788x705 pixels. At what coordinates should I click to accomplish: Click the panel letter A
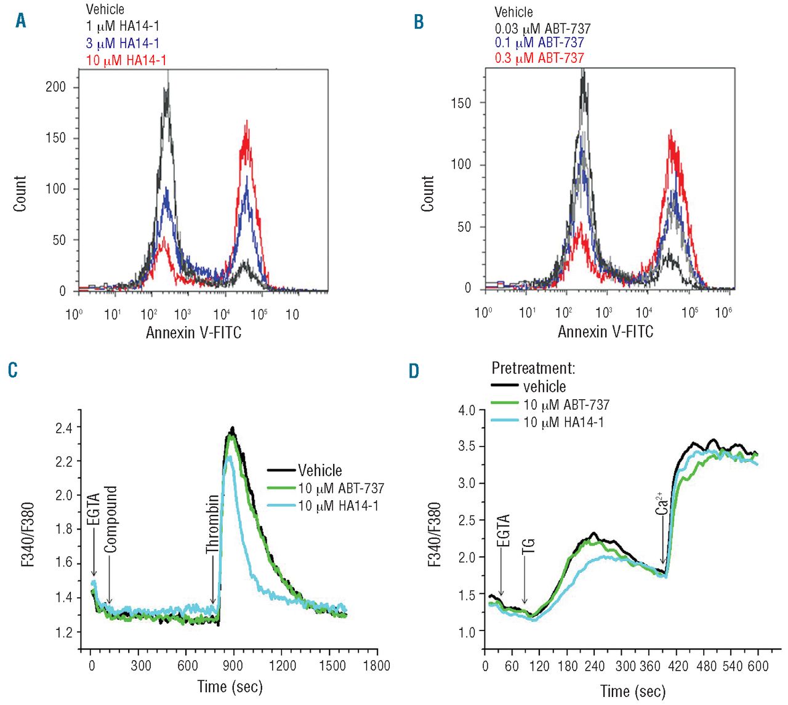pyautogui.click(x=21, y=21)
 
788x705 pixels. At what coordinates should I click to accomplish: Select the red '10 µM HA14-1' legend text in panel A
pyautogui.click(x=126, y=60)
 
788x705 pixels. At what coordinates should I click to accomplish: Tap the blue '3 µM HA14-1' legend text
pyautogui.click(x=122, y=43)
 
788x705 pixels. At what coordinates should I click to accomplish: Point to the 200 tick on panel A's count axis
pyautogui.click(x=55, y=87)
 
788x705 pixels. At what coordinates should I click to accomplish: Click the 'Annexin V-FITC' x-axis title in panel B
pyautogui.click(x=605, y=332)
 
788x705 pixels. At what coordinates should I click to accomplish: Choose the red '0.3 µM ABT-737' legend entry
pyautogui.click(x=539, y=58)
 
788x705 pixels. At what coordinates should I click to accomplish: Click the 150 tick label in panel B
pyautogui.click(x=460, y=103)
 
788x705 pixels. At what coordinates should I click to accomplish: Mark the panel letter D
pyautogui.click(x=414, y=371)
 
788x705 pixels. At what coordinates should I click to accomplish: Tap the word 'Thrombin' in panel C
pyautogui.click(x=212, y=524)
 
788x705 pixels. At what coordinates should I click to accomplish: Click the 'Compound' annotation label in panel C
pyautogui.click(x=110, y=519)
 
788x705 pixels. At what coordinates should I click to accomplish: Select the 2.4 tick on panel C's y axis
pyautogui.click(x=64, y=428)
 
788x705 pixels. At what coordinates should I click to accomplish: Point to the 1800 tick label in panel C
pyautogui.click(x=376, y=666)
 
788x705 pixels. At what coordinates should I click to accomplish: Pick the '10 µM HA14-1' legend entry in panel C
pyautogui.click(x=338, y=506)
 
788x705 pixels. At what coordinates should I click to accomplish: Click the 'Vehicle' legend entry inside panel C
pyautogui.click(x=320, y=471)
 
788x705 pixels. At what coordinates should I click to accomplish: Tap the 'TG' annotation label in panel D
pyautogui.click(x=528, y=546)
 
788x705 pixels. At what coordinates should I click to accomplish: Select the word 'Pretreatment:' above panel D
pyautogui.click(x=533, y=368)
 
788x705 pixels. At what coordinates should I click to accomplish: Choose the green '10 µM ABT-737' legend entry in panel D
pyautogui.click(x=566, y=405)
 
